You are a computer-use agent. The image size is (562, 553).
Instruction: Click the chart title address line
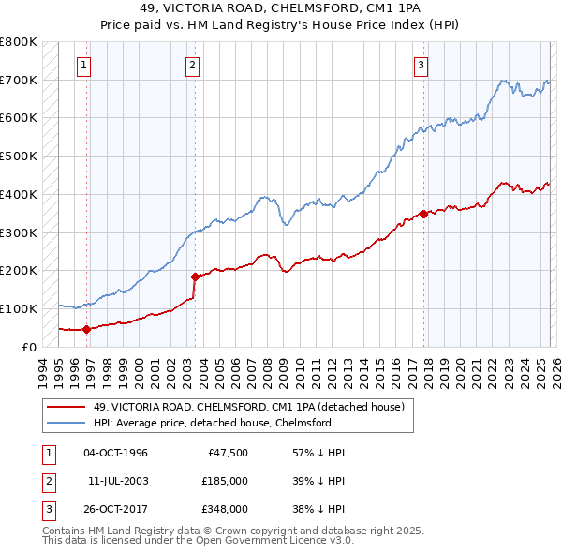pos(280,8)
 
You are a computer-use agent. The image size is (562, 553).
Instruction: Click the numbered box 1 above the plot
pos(84,66)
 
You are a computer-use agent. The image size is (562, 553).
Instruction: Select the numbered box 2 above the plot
pos(192,66)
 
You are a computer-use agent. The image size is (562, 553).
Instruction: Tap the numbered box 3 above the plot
pos(421,66)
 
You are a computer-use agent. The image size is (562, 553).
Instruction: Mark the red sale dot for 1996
pos(86,329)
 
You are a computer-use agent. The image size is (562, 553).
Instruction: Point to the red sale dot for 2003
pos(195,276)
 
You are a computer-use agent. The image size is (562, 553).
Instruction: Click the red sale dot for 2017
pos(423,214)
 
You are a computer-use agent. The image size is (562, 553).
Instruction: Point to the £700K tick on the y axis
pos(19,81)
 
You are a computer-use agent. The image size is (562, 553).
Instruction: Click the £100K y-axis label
pos(19,308)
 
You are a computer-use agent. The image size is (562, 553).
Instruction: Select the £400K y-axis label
pos(19,194)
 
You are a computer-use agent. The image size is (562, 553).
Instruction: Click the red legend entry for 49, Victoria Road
pos(248,407)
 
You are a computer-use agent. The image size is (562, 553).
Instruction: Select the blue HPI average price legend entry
pos(213,423)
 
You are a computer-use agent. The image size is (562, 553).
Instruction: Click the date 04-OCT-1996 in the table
pos(115,453)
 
